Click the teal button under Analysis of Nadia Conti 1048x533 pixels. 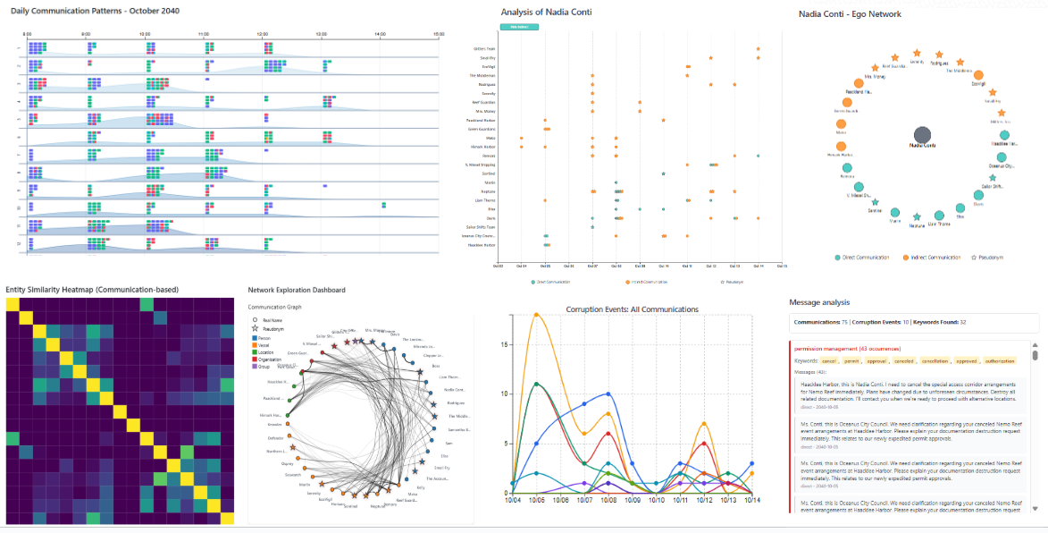pos(512,27)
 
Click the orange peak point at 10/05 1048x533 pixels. pos(536,315)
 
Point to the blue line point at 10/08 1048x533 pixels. pos(608,393)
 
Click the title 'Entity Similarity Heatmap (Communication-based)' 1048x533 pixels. pos(92,290)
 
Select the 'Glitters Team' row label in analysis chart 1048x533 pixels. pos(482,49)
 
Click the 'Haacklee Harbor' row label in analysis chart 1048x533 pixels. pos(482,244)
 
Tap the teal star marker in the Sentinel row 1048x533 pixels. pos(663,173)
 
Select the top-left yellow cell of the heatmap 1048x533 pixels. pos(13,304)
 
